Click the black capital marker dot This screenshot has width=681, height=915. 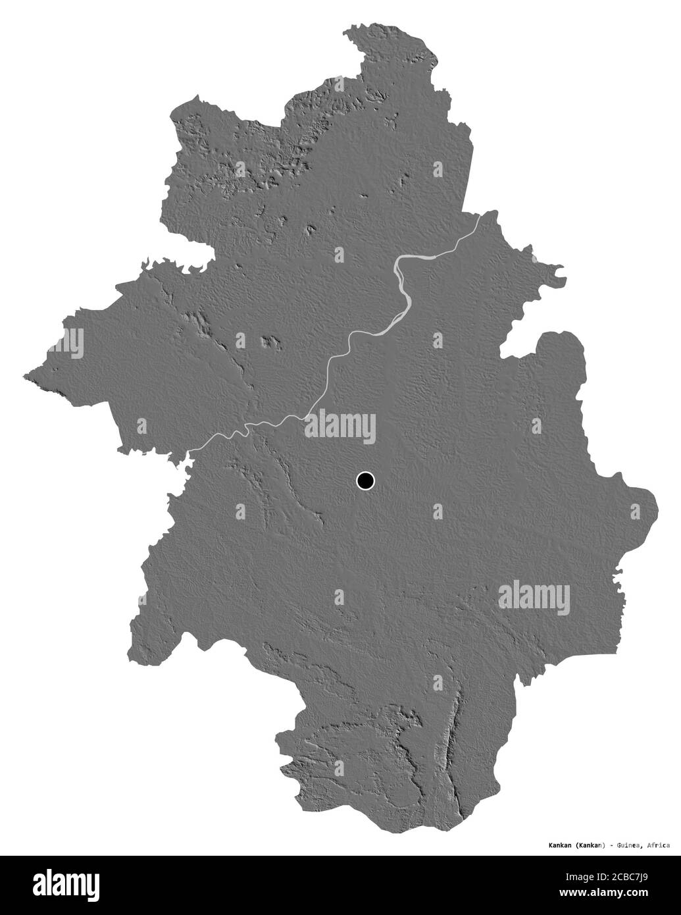[x=365, y=481]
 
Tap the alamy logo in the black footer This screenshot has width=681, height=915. [x=69, y=884]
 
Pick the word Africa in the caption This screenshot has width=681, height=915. [x=658, y=845]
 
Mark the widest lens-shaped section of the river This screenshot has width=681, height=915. [x=403, y=303]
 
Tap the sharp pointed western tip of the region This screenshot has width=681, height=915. [x=26, y=377]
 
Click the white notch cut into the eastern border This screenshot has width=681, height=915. [x=520, y=342]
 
